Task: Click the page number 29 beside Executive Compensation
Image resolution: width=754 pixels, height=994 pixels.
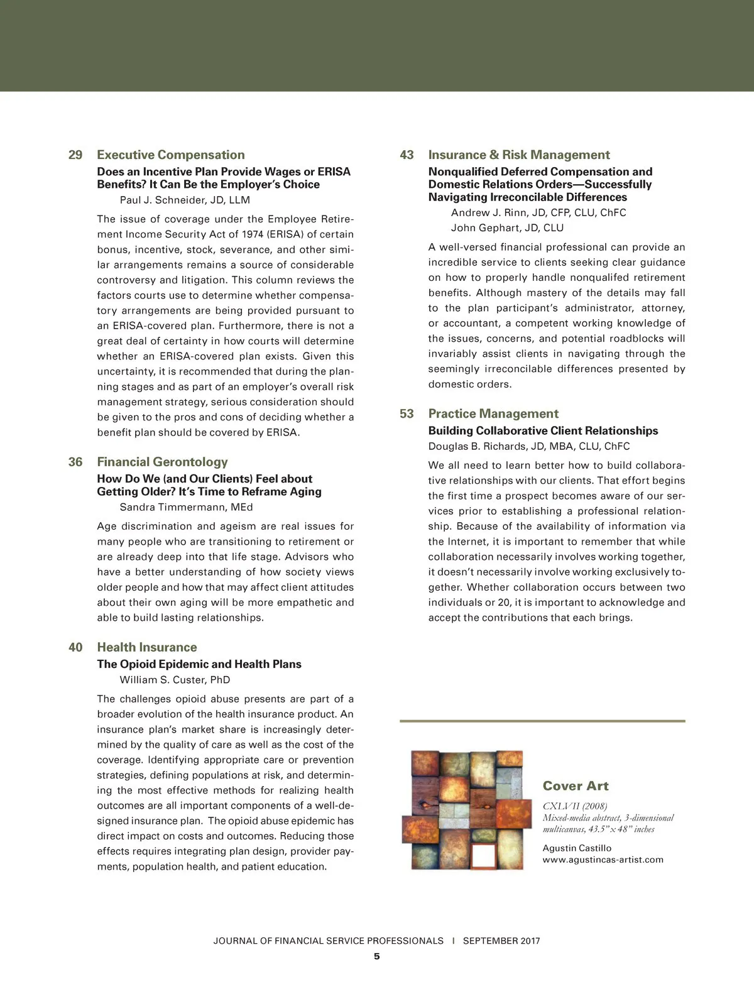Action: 75,155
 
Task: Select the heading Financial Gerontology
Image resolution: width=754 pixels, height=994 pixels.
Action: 162,462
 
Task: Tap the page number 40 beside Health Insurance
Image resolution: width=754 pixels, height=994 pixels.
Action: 75,647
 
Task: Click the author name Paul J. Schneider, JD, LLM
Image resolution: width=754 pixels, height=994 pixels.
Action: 185,200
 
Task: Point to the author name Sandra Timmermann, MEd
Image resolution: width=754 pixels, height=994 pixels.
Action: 186,507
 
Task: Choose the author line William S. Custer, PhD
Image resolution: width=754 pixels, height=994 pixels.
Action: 175,680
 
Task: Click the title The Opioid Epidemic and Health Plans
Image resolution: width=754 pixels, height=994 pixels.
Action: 199,664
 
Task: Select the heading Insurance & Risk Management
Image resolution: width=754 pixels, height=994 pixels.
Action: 518,155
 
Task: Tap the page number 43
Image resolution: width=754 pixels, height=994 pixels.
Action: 407,155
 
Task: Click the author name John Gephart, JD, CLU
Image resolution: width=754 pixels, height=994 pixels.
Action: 507,228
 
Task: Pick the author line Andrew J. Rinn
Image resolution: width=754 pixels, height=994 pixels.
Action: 538,212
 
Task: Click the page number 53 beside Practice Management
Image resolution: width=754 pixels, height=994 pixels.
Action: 407,414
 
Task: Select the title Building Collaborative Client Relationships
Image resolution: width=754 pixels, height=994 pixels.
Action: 543,430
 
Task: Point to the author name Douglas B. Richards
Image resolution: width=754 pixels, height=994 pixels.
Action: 528,446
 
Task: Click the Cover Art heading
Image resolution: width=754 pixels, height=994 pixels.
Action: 576,786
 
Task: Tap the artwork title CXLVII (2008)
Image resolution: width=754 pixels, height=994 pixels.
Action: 575,806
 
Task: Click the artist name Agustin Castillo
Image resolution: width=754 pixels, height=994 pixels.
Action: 577,848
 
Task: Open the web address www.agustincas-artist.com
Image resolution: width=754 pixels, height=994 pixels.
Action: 603,860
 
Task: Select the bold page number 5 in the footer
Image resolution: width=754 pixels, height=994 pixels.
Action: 377,956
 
